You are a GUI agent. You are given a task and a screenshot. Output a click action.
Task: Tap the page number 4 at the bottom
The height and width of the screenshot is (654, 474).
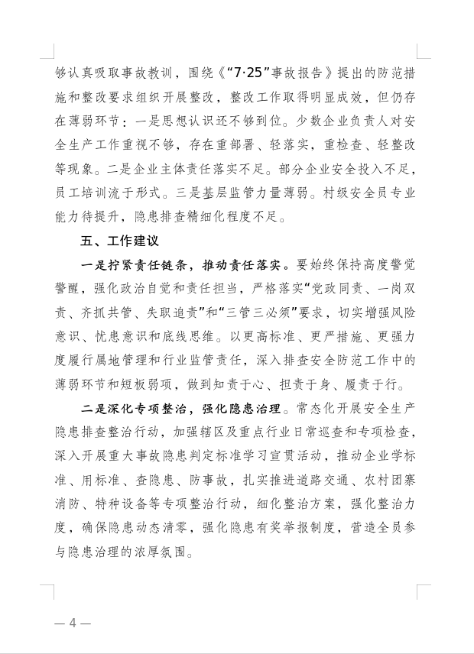73,622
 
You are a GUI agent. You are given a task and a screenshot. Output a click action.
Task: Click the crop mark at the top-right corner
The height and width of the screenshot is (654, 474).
424,51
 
